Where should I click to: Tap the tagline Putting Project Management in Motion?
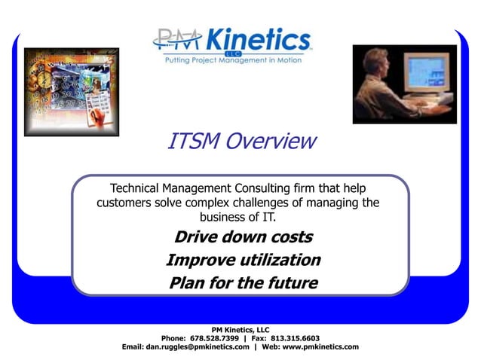tap(233, 60)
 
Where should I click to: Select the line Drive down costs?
tap(243, 237)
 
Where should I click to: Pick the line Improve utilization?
tap(243, 261)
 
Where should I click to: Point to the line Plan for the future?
tap(243, 284)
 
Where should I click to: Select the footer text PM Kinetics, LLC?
tap(240, 329)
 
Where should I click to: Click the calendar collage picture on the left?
tap(72, 91)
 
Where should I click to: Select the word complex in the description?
tap(207, 203)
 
